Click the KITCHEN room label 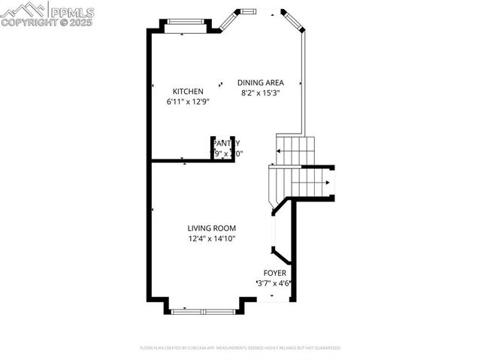click(x=188, y=92)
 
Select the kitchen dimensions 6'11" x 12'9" click(x=188, y=101)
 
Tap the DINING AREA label click(x=260, y=83)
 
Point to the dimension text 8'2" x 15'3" click(x=260, y=93)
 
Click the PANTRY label click(x=225, y=143)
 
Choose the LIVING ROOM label click(x=212, y=228)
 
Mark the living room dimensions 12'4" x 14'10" click(x=212, y=239)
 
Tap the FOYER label click(x=274, y=273)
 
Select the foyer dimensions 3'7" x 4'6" click(x=274, y=283)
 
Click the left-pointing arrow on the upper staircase click(x=279, y=152)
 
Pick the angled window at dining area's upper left click(x=228, y=21)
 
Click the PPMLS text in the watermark click(x=71, y=11)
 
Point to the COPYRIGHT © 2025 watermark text click(x=48, y=23)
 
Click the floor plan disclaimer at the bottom click(x=240, y=348)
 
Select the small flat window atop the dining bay click(x=247, y=11)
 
